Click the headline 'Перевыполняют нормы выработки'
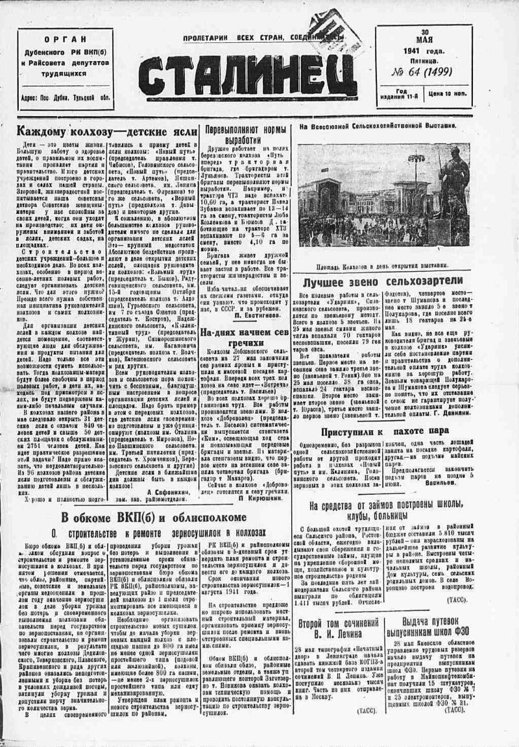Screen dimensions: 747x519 [246, 134]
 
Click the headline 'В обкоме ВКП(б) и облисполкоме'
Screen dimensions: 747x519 [153, 517]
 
